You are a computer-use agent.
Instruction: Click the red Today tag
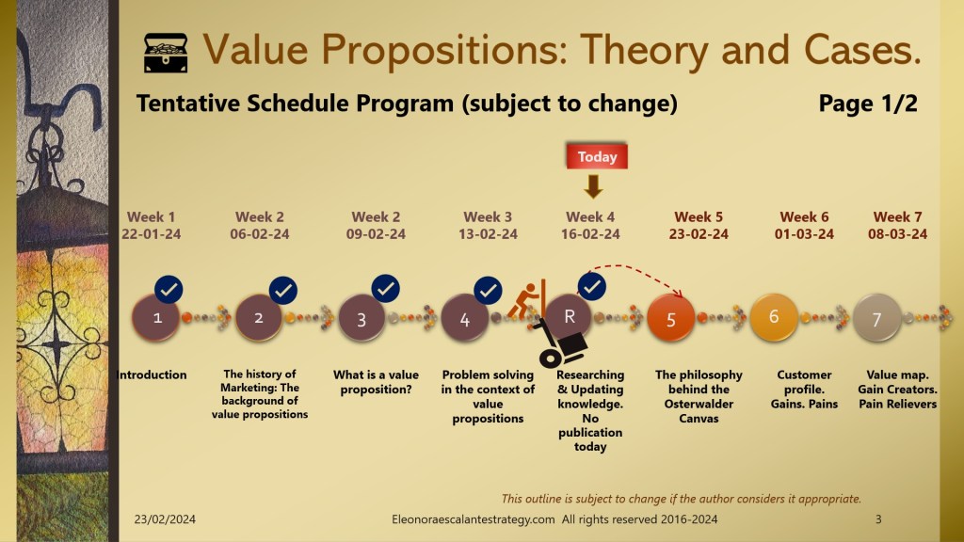[x=596, y=157]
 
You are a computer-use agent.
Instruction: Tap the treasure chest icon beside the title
[x=166, y=53]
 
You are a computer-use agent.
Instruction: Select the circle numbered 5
[x=670, y=318]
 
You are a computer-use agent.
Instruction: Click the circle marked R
[x=569, y=317]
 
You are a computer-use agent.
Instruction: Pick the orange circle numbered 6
[x=774, y=317]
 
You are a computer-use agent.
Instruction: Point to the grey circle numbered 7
[x=876, y=318]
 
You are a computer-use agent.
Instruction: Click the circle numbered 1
[x=156, y=318]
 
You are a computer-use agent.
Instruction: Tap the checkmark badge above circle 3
[x=385, y=289]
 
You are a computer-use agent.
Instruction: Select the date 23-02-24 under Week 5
[x=699, y=234]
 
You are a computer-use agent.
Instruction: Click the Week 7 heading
[x=897, y=217]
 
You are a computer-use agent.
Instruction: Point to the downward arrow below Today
[x=593, y=186]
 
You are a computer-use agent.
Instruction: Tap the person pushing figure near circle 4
[x=528, y=300]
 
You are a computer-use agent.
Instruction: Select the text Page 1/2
[x=867, y=104]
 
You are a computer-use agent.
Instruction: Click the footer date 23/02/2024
[x=165, y=519]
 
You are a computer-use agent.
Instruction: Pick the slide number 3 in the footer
[x=878, y=519]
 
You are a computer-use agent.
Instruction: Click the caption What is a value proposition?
[x=376, y=382]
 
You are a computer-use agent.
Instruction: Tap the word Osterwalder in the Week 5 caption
[x=699, y=404]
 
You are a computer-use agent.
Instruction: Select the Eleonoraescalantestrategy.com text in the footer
[x=473, y=519]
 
